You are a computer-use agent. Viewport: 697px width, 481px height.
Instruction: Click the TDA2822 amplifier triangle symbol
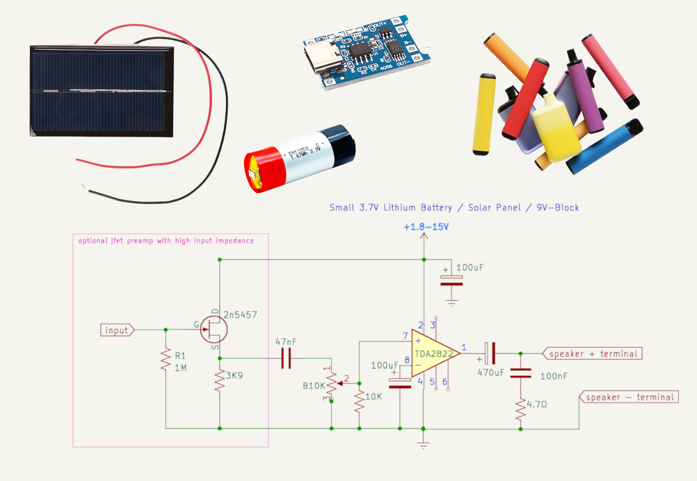point(433,354)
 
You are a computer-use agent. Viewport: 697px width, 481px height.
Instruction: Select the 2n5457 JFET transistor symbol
point(214,330)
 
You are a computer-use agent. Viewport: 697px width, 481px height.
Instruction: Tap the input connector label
point(117,330)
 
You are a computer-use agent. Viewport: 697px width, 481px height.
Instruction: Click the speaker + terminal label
point(593,354)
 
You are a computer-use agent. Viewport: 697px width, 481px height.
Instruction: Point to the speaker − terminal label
point(629,397)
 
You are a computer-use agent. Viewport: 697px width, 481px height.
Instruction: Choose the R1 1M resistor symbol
point(166,360)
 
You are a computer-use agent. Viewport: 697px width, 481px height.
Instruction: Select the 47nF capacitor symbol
point(286,358)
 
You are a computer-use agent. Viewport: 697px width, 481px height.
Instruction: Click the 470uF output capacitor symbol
point(490,353)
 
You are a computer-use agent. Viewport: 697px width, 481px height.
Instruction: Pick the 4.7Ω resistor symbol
point(521,409)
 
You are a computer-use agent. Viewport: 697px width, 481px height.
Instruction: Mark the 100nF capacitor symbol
point(521,373)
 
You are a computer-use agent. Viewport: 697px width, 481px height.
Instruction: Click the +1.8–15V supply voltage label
point(426,227)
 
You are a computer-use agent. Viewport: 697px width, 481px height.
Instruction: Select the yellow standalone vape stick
point(484,114)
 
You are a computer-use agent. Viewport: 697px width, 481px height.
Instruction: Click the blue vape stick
point(603,147)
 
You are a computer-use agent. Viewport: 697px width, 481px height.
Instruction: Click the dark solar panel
point(101,91)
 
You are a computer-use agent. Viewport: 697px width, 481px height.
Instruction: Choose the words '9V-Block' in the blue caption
point(557,208)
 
